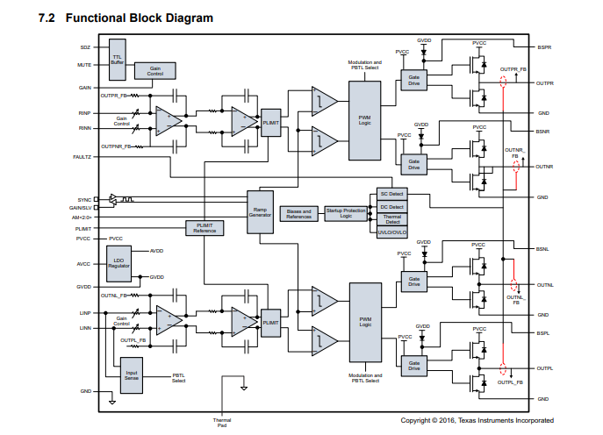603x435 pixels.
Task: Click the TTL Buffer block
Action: coord(118,58)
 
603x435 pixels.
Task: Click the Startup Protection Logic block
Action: coord(346,213)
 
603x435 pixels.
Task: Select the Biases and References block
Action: coord(298,213)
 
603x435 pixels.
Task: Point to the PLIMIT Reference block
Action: coord(205,227)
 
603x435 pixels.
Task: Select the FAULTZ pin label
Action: coord(82,156)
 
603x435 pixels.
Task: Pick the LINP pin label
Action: coord(85,312)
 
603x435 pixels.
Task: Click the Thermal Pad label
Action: coord(222,423)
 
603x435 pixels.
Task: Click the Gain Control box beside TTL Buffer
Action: coord(155,70)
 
